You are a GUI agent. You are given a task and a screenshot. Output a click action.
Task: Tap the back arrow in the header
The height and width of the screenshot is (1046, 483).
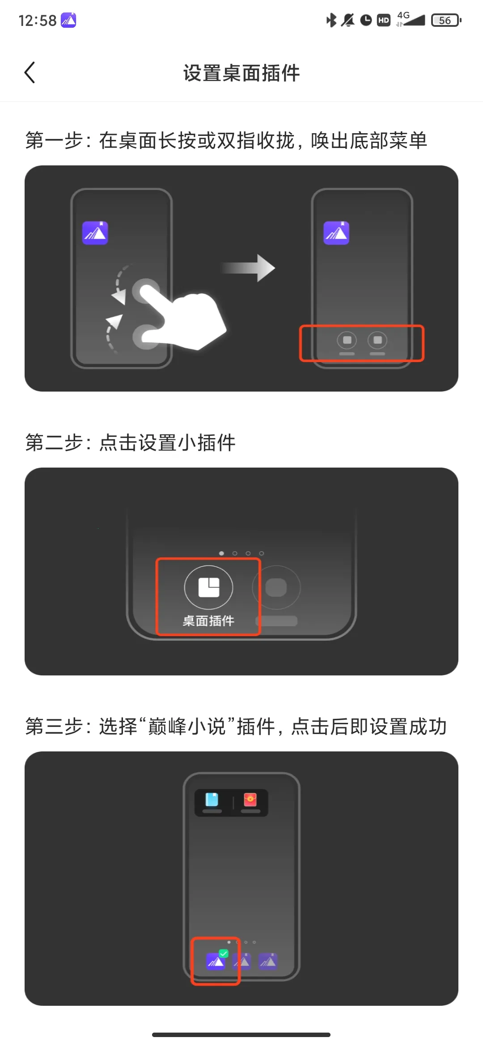click(x=30, y=73)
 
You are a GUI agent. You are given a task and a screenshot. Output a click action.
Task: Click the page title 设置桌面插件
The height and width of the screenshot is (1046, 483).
click(x=241, y=73)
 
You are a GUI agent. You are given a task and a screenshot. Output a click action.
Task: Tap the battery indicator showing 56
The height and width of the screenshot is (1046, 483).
click(x=445, y=21)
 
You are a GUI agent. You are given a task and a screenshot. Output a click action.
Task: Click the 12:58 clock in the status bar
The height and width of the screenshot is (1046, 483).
click(x=38, y=21)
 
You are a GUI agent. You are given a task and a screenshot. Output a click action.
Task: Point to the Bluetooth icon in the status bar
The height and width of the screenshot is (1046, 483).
click(x=331, y=20)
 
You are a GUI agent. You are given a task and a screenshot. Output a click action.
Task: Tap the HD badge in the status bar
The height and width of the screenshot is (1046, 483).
click(x=384, y=20)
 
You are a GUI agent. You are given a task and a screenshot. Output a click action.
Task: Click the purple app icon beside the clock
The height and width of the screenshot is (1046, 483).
click(x=68, y=20)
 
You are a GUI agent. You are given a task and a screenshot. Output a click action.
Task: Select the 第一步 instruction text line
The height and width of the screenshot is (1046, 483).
click(x=226, y=140)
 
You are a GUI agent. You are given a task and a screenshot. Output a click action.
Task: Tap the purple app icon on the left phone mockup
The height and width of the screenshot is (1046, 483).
click(x=95, y=233)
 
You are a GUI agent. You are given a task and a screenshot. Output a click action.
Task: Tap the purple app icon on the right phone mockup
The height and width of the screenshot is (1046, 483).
click(x=336, y=233)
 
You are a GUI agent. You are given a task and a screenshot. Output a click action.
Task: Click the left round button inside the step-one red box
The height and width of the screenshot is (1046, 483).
click(x=347, y=341)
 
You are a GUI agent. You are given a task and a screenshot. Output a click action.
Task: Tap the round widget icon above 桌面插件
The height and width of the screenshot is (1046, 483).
click(x=208, y=587)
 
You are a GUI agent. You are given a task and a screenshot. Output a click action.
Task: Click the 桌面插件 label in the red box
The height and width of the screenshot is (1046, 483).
click(x=208, y=621)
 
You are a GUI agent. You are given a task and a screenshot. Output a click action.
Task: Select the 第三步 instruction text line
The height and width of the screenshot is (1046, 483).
click(x=236, y=726)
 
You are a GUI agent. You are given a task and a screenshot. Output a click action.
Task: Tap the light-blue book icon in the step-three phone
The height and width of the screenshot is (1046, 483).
click(x=212, y=800)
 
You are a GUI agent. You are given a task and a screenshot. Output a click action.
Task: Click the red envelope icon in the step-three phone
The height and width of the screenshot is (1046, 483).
click(x=250, y=800)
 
